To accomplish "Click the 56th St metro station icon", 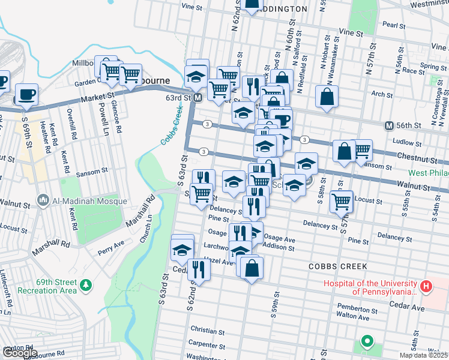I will (x=389, y=125).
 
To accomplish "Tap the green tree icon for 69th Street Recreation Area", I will (x=86, y=284).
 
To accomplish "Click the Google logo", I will (x=19, y=353).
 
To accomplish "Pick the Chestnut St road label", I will (x=420, y=158).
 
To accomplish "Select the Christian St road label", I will (x=207, y=330).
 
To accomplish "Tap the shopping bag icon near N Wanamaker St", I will (x=327, y=97).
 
